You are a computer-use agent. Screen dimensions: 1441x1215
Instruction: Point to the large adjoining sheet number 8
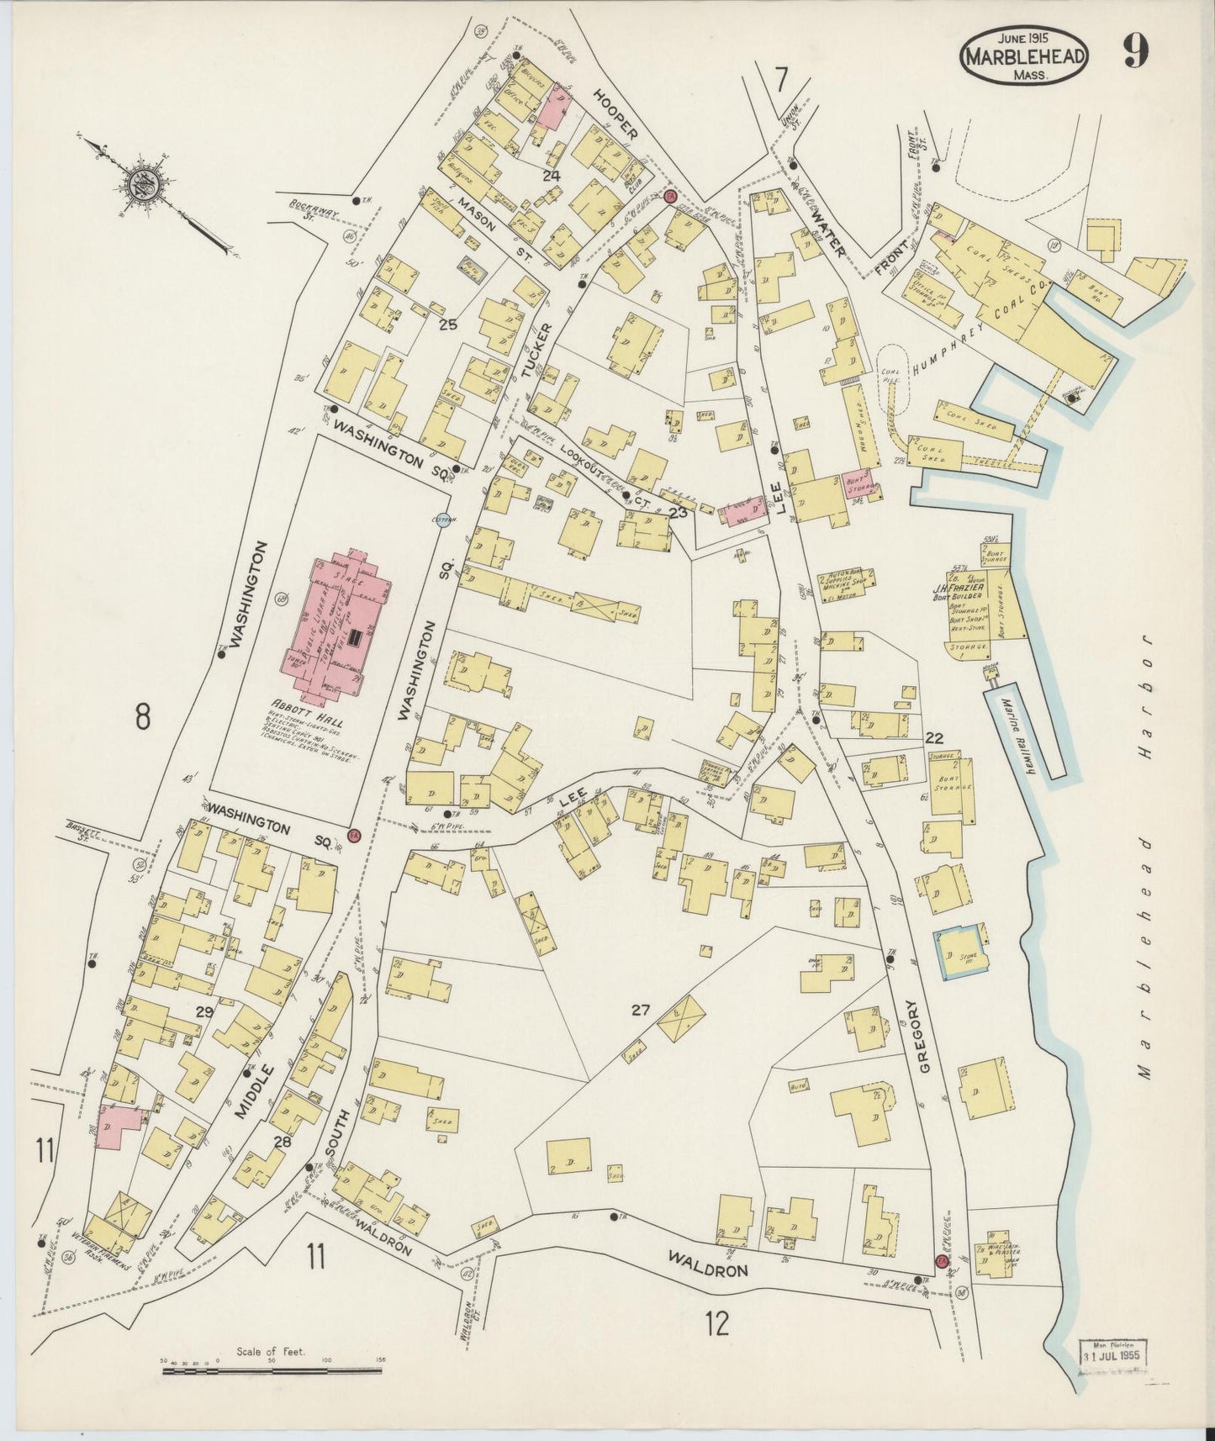143,717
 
